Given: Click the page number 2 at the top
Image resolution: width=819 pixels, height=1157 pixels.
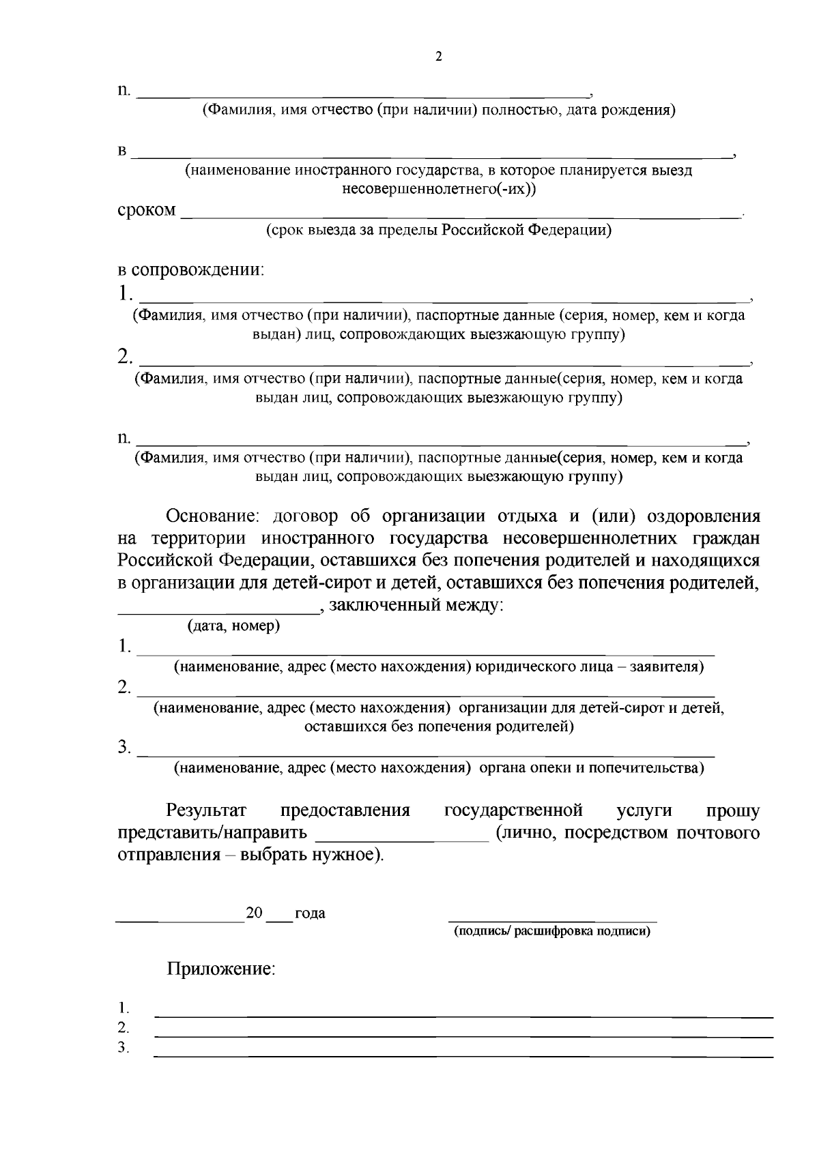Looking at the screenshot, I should point(438,57).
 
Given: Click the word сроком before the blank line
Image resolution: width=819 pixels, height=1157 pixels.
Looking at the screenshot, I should point(146,210).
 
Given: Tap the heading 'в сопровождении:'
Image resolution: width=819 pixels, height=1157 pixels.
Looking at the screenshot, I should point(190,269).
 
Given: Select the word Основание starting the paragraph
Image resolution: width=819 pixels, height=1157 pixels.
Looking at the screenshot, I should point(212,516).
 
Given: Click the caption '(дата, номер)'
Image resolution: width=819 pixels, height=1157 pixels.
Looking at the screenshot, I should point(233,626).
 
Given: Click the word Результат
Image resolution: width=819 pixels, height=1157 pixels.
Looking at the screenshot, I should point(206,810).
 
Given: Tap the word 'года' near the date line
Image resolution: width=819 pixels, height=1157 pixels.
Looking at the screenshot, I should point(310,913).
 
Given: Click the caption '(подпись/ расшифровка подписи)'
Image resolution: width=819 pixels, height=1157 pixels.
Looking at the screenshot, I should point(552,931).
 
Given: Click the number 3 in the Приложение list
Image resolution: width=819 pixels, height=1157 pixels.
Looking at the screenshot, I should point(123,1047).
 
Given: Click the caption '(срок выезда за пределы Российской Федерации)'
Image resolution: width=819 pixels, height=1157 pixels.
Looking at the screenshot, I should point(438,230).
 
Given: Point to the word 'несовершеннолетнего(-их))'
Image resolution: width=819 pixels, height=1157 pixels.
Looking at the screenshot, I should point(439,189).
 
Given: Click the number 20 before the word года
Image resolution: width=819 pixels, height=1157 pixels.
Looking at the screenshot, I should point(254,913).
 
